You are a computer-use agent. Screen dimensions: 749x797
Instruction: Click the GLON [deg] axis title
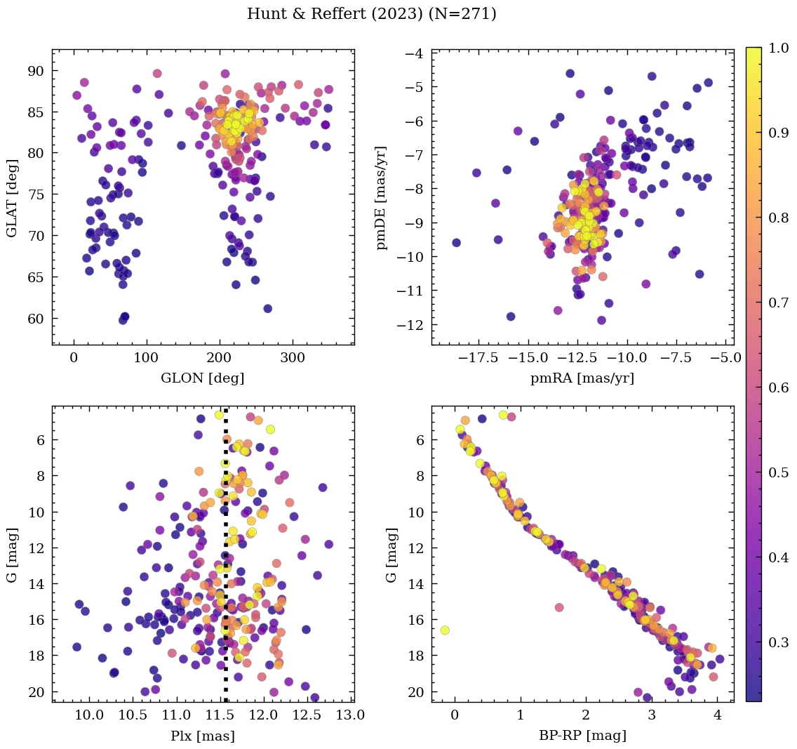tap(203, 378)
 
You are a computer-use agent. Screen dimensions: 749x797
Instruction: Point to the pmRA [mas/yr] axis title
tap(582, 378)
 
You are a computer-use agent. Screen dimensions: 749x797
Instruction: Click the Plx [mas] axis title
tap(203, 736)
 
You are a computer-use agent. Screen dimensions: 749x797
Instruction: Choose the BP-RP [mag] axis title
tap(582, 736)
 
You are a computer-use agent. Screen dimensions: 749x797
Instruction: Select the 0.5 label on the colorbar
tap(777, 472)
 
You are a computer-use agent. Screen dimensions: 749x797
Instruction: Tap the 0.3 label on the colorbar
tap(777, 642)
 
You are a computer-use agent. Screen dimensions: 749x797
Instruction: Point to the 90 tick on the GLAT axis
tap(36, 71)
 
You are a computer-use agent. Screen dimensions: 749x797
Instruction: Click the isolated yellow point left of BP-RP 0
tap(444, 630)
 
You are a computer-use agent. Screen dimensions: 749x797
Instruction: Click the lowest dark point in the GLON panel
tap(123, 319)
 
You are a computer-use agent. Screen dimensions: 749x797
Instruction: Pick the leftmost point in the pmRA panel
tap(456, 243)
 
